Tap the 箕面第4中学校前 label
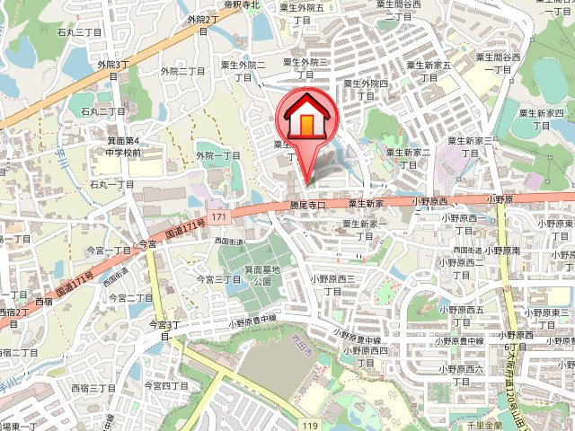tap(122, 146)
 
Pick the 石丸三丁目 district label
tap(79, 32)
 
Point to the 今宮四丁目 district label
tap(166, 385)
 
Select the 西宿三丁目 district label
tap(93, 387)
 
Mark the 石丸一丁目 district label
tap(111, 183)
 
